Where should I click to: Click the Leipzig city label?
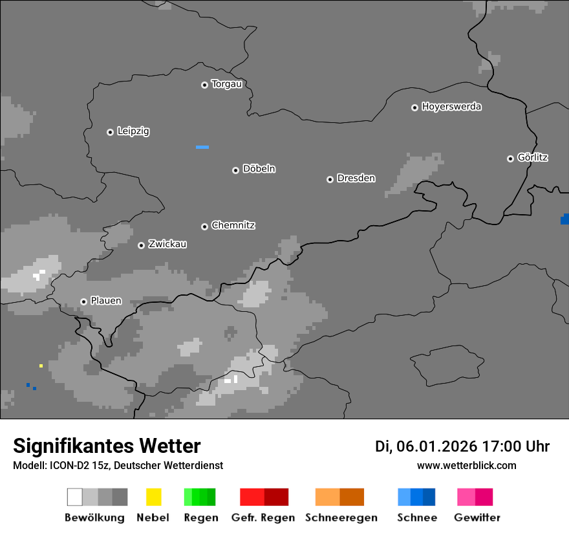point(133,131)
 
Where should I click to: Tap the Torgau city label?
point(226,84)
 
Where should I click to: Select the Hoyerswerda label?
point(451,107)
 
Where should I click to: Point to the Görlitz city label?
point(533,157)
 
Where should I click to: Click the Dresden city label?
point(356,178)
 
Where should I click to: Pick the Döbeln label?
point(259,169)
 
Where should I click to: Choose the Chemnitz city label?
point(233,225)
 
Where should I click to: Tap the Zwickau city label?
point(167,244)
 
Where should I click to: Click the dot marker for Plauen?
point(83,301)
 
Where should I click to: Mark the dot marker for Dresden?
point(330,179)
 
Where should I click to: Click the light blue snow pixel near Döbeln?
point(202,147)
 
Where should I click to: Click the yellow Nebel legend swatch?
point(153,497)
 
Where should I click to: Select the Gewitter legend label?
point(477,518)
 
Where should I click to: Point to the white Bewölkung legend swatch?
point(75,497)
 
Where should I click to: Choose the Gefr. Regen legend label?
point(263,518)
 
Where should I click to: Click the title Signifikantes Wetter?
point(107,446)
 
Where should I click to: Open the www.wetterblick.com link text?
point(466,466)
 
